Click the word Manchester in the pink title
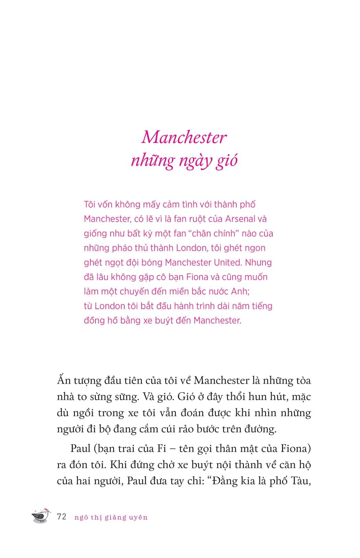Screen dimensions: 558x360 click(x=184, y=138)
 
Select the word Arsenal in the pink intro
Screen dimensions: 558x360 click(x=229, y=219)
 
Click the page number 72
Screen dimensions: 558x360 click(x=62, y=517)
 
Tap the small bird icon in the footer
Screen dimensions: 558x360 click(x=41, y=516)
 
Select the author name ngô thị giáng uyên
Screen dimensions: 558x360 click(x=111, y=517)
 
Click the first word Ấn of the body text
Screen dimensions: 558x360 click(x=64, y=381)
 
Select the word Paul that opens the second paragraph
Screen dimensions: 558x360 click(x=80, y=449)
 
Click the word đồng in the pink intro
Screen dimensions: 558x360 click(x=94, y=320)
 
